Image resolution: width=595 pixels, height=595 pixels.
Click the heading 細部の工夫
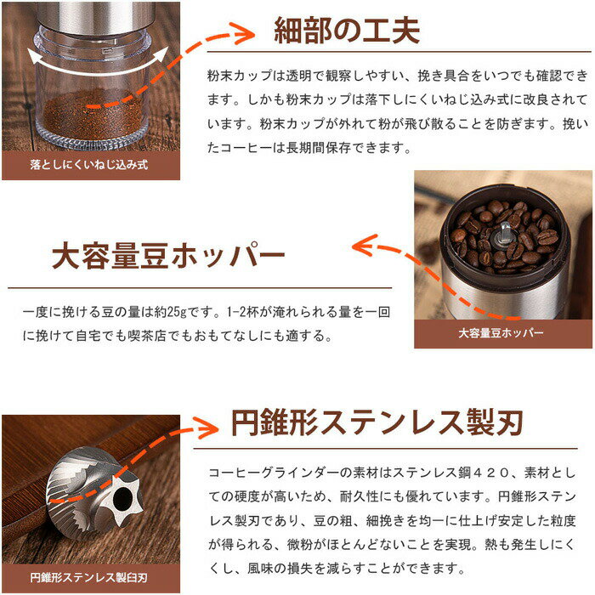(346, 31)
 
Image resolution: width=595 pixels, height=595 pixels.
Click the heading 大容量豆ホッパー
(167, 256)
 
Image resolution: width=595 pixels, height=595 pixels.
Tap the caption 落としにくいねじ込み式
(88, 163)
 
